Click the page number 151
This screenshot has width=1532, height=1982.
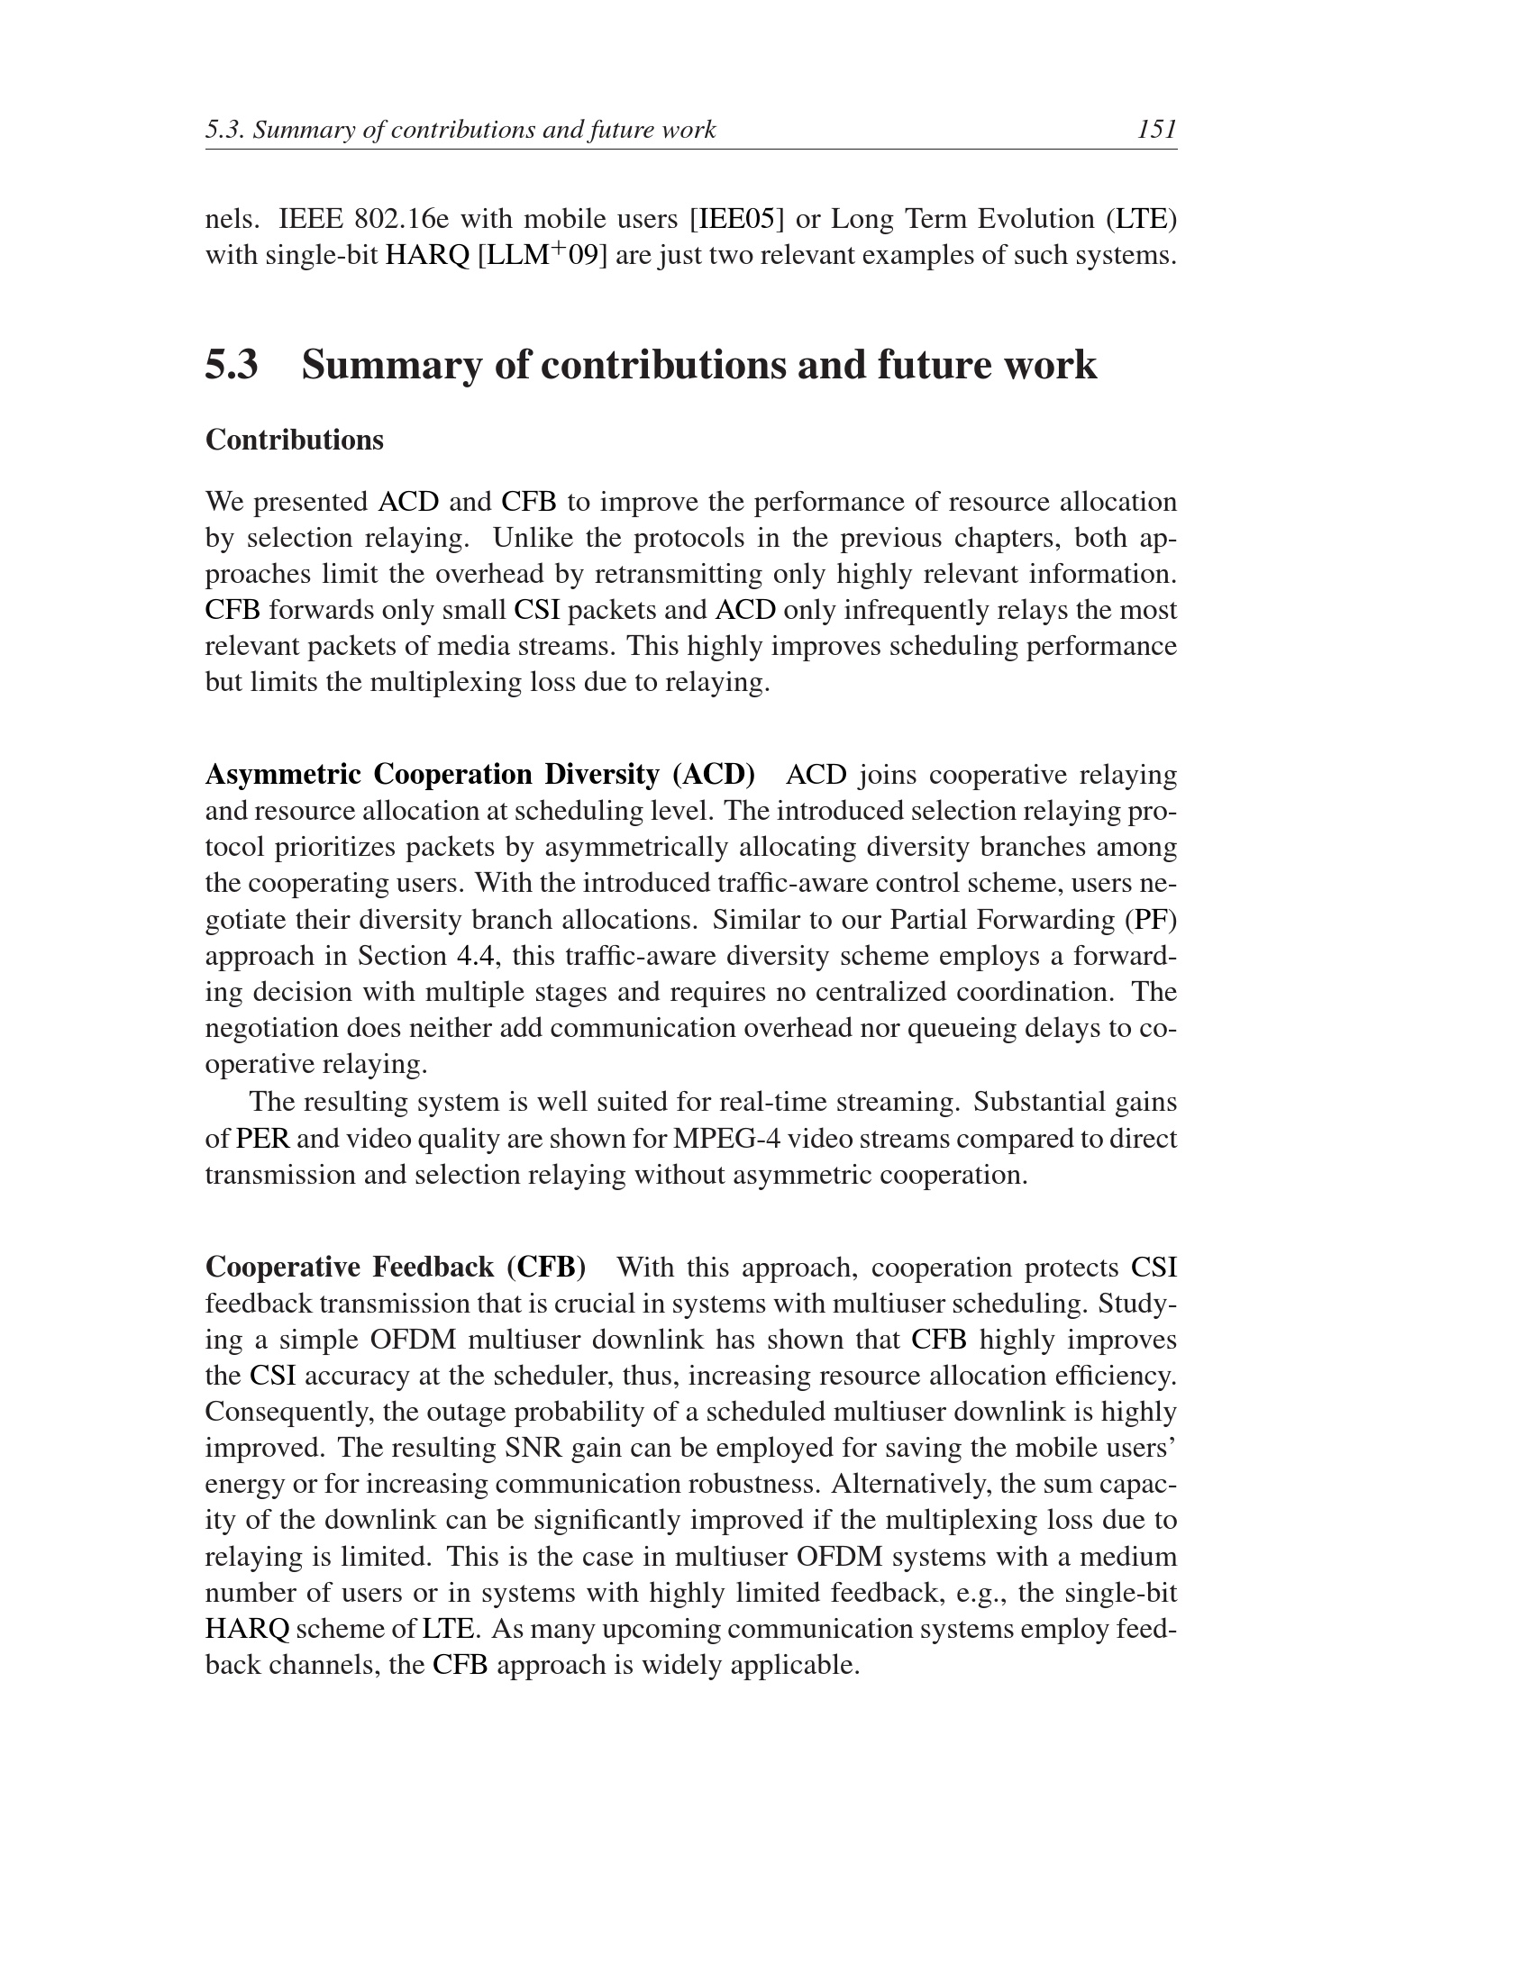[1156, 130]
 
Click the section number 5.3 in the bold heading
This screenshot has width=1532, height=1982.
[232, 365]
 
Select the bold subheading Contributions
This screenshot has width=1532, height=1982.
[294, 441]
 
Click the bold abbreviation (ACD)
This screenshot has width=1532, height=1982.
[714, 775]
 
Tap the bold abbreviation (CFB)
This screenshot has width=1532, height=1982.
[545, 1267]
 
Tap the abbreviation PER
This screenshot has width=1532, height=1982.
[262, 1139]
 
